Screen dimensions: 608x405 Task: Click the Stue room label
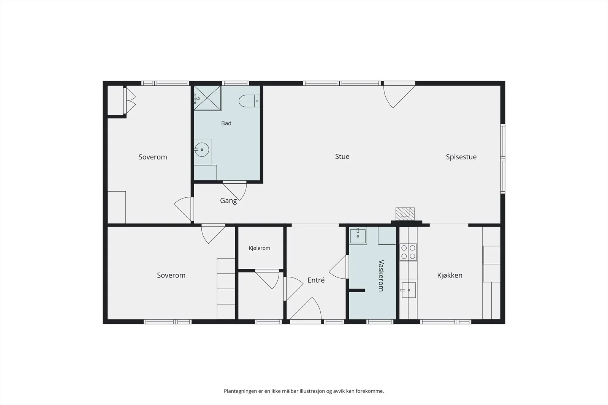(x=342, y=156)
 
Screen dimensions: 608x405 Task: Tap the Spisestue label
(x=461, y=157)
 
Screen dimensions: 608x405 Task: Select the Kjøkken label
(x=450, y=276)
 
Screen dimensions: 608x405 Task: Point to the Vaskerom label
(x=381, y=276)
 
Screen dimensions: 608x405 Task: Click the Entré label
(x=316, y=280)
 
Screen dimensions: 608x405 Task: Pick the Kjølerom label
(x=259, y=248)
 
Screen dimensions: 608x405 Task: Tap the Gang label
(x=228, y=201)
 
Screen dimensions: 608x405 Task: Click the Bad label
(x=226, y=123)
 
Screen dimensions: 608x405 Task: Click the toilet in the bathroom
(x=249, y=101)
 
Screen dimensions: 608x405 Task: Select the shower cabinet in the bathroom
(x=207, y=98)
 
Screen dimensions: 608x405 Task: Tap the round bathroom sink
(x=201, y=150)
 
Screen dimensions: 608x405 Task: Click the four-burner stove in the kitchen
(x=408, y=252)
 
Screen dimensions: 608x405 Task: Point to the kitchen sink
(x=408, y=290)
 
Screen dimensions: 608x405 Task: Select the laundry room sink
(x=358, y=236)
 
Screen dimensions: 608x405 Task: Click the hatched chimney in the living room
(x=405, y=214)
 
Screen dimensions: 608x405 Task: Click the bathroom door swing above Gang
(x=235, y=191)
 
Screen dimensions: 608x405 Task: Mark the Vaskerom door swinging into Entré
(x=339, y=267)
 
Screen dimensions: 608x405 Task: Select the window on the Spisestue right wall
(x=503, y=159)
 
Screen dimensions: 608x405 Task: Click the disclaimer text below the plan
(x=304, y=391)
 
